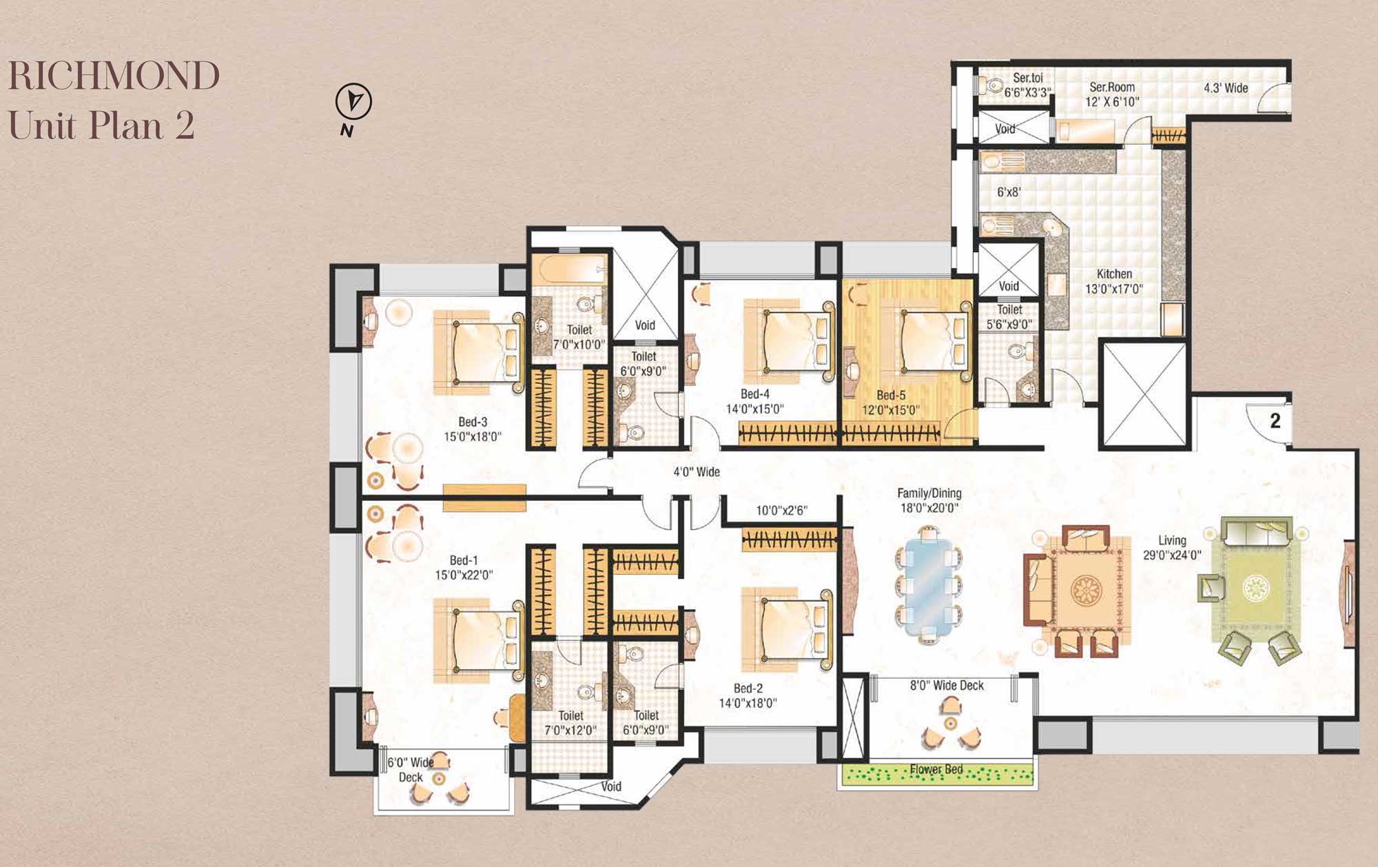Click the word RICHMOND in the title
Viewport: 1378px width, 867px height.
click(x=114, y=76)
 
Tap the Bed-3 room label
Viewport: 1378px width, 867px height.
click(x=473, y=422)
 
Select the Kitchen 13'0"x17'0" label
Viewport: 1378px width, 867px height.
click(x=1114, y=281)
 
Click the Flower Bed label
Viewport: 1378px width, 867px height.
click(x=936, y=769)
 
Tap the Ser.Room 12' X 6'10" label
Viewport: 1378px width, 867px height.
click(x=1112, y=94)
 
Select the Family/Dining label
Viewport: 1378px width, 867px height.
click(x=929, y=493)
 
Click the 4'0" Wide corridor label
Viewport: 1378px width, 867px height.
click(x=697, y=472)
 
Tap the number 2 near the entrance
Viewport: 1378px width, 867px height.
click(x=1275, y=420)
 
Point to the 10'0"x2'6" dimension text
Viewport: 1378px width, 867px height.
click(x=781, y=511)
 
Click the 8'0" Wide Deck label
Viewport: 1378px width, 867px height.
click(x=947, y=685)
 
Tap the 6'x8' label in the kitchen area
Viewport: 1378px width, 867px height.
click(x=1009, y=192)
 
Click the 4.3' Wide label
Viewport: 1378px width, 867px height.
click(x=1226, y=88)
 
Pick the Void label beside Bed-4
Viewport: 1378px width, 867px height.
click(x=645, y=325)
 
